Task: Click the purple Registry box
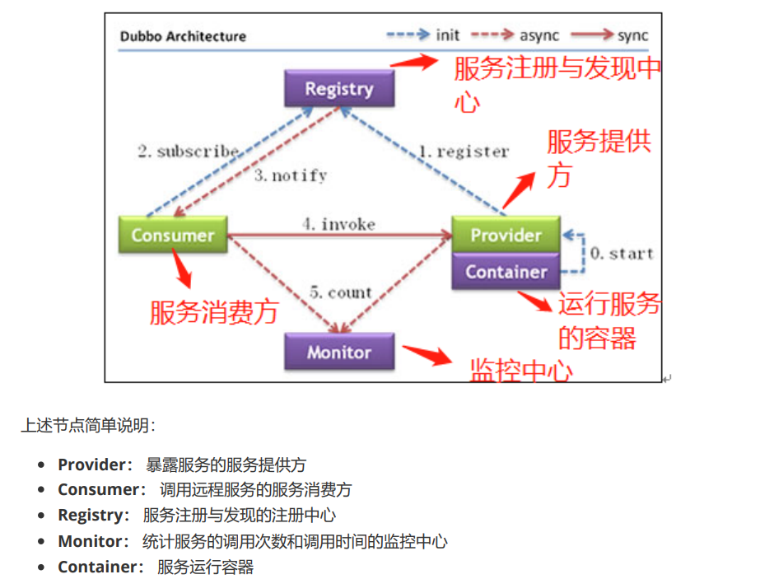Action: tap(339, 89)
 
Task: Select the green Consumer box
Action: tap(172, 235)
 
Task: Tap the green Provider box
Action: tap(506, 235)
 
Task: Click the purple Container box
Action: tap(506, 272)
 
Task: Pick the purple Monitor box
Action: tap(339, 353)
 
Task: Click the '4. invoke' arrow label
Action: tap(338, 224)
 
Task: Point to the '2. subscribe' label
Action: tap(188, 152)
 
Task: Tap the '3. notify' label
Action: tap(291, 175)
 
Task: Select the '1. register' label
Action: tap(464, 152)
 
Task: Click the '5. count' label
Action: tap(341, 292)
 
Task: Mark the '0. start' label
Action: tap(622, 253)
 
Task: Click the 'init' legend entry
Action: tap(447, 35)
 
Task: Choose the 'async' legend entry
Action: tap(539, 35)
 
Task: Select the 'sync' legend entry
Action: tap(632, 35)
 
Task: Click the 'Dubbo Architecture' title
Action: tap(183, 36)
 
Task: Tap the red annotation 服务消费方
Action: tap(214, 312)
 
